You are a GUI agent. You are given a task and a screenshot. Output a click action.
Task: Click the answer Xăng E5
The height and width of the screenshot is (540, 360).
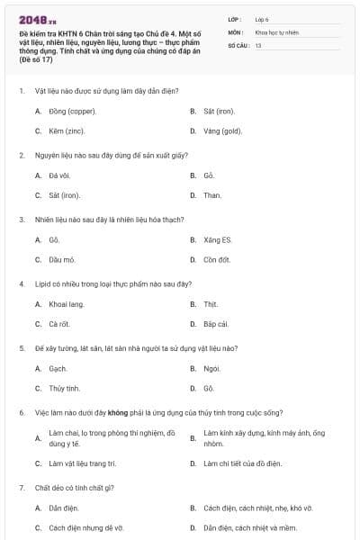(218, 240)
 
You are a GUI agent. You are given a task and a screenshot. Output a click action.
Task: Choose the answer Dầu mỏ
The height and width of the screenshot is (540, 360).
(62, 260)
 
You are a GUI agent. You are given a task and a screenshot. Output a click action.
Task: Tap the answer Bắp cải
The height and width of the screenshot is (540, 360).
(216, 324)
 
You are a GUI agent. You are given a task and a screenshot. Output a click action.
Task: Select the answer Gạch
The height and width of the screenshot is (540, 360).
(58, 369)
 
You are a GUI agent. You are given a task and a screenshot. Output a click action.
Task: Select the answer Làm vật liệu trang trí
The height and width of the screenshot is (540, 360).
(83, 463)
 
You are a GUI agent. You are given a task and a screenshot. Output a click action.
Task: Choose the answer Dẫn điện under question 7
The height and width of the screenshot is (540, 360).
(64, 508)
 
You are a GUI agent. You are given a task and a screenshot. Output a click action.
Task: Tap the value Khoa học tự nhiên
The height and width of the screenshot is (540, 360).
(275, 31)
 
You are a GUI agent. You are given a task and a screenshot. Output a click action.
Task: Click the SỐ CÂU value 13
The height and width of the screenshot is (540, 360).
(258, 45)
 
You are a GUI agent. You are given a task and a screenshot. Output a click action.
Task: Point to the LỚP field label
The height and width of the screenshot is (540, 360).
(235, 18)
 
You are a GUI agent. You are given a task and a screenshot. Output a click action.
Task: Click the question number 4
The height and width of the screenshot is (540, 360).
(21, 284)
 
